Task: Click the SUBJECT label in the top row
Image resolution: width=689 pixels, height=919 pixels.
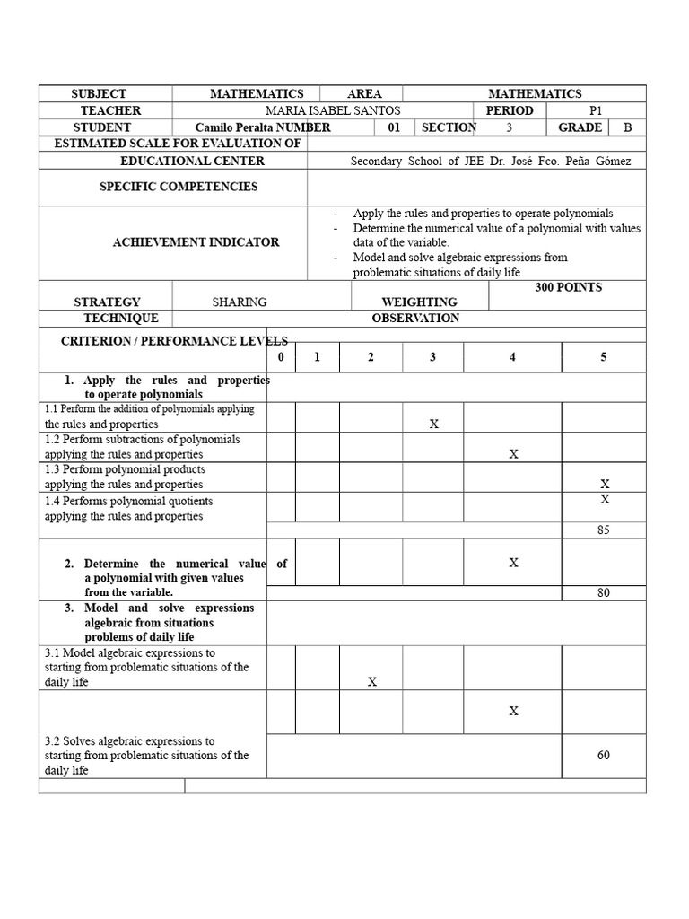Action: [98, 93]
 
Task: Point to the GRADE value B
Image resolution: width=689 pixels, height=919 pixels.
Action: [628, 127]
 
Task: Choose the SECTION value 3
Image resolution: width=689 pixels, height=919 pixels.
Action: [509, 127]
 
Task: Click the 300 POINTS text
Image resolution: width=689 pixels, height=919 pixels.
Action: [568, 287]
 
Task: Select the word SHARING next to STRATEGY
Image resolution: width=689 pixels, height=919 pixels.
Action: [240, 302]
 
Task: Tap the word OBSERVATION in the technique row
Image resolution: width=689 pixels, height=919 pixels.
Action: [415, 318]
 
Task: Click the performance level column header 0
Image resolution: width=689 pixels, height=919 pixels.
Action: [281, 357]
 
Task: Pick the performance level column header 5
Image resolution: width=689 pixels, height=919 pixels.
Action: [603, 357]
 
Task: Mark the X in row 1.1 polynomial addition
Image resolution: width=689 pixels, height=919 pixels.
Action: [433, 424]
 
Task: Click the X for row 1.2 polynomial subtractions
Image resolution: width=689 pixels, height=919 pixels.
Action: [513, 454]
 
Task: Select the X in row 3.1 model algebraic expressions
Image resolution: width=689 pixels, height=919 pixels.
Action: [371, 682]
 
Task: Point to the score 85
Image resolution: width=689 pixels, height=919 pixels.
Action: [603, 530]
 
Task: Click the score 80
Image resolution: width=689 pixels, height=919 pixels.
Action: [603, 592]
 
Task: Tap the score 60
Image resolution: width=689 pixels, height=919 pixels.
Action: [603, 755]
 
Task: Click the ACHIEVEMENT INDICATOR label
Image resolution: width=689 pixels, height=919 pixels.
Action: [196, 242]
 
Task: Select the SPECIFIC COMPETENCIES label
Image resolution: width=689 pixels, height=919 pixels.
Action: [178, 187]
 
